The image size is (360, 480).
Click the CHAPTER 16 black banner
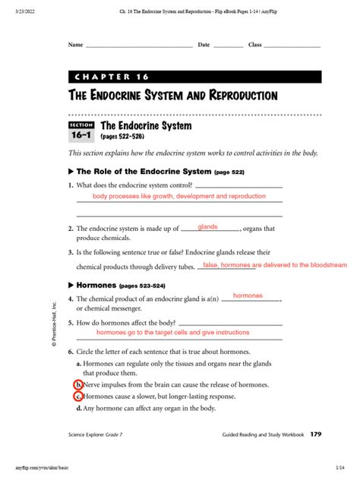point(194,77)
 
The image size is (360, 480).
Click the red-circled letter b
point(78,385)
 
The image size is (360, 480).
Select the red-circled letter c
point(78,396)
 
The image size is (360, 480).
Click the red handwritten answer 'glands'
point(208,227)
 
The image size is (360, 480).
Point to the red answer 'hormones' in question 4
point(248,295)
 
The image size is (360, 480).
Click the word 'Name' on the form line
point(75,45)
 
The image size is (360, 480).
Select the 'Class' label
point(254,45)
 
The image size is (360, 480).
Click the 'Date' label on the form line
point(204,45)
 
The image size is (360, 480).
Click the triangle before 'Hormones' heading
point(71,285)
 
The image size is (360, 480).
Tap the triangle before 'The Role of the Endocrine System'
point(71,172)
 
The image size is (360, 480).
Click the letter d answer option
point(79,408)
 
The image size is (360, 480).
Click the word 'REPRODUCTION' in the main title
point(235,96)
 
